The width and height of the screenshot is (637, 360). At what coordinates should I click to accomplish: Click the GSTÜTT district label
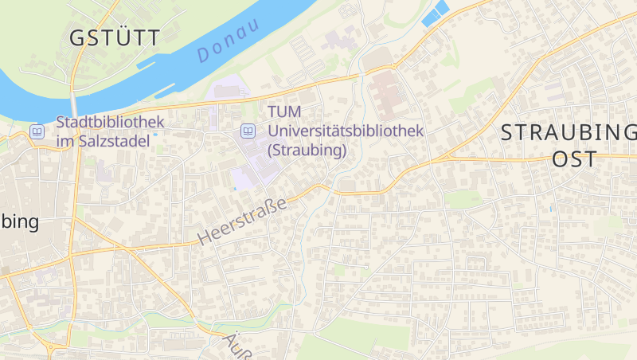click(115, 37)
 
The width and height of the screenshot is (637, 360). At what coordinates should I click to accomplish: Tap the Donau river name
click(229, 41)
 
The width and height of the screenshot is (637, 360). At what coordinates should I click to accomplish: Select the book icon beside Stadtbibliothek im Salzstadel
click(37, 131)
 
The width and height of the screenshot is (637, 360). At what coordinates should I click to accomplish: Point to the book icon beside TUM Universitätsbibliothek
click(248, 130)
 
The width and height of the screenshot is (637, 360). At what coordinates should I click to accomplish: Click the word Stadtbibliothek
click(110, 122)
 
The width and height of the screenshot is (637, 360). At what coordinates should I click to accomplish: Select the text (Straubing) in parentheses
click(307, 149)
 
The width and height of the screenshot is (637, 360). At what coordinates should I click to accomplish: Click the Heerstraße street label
click(240, 220)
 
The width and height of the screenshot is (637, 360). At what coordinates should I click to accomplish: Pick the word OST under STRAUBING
click(574, 158)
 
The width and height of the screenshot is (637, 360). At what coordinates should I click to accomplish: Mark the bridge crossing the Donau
click(74, 103)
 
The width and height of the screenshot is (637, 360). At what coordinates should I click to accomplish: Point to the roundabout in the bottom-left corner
click(53, 347)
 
